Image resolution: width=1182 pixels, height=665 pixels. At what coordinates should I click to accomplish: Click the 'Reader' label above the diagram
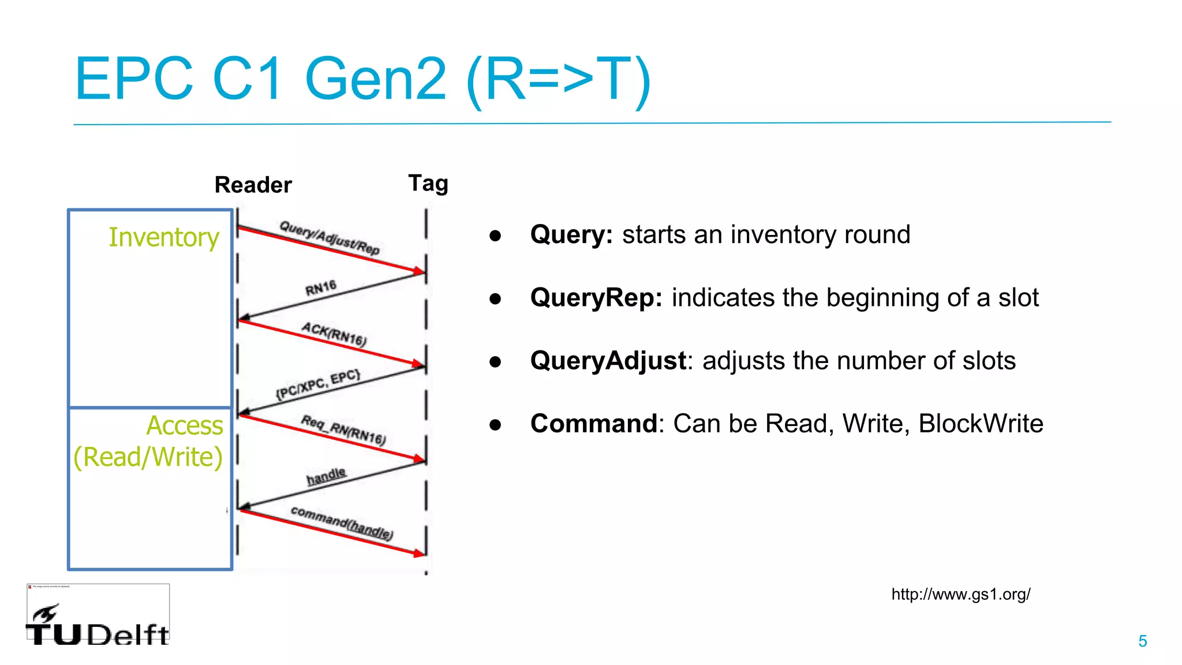[x=253, y=185]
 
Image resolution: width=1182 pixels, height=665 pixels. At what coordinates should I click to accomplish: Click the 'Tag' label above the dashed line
[x=428, y=184]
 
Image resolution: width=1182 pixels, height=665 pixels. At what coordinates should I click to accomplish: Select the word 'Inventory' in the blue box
[x=164, y=237]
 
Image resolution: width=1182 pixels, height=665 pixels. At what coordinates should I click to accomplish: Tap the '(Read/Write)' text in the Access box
[x=148, y=457]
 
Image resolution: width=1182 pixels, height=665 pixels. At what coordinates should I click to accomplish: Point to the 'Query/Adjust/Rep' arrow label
[x=330, y=237]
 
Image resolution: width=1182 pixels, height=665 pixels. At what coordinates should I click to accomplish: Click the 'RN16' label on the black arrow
[x=321, y=287]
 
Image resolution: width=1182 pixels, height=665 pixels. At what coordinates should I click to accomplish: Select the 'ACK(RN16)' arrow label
[x=334, y=334]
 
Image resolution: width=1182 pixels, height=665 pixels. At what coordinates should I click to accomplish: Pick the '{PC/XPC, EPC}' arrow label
[x=318, y=384]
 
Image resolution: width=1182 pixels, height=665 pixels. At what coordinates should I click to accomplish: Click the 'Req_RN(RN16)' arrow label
[x=343, y=429]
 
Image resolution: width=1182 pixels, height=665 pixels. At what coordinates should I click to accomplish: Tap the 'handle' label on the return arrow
[x=326, y=476]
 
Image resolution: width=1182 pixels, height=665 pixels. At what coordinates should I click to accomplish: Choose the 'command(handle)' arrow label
[x=342, y=522]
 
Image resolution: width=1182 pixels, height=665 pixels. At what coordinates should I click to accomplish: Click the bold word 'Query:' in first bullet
[x=571, y=235]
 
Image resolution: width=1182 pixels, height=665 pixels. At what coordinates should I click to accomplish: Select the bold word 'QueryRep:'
[x=596, y=298]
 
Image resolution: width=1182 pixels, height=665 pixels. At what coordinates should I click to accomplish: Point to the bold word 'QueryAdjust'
[x=608, y=361]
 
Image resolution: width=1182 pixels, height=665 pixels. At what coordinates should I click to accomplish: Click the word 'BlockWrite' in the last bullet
[x=981, y=424]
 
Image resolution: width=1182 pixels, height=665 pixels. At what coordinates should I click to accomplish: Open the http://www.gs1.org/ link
[x=960, y=594]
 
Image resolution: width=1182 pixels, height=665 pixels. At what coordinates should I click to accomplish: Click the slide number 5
[x=1142, y=641]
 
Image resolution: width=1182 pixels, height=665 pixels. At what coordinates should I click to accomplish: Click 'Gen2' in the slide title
[x=375, y=79]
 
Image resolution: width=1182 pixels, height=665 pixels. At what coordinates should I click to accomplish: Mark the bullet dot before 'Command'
[x=495, y=425]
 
